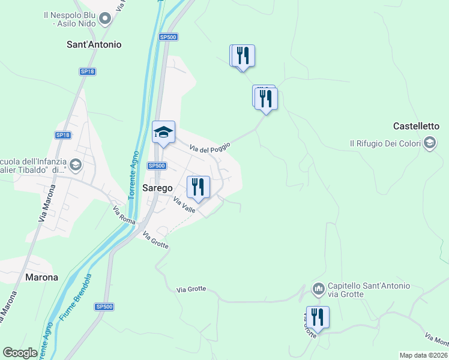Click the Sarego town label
(157, 188)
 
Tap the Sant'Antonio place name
(94, 44)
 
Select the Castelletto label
(417, 126)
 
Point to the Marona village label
(42, 277)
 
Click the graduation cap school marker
(163, 133)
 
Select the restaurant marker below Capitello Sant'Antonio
(317, 317)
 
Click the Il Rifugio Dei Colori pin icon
(429, 143)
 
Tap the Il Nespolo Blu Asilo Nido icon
(106, 19)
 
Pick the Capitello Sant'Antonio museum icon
(318, 290)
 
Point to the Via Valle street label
(184, 205)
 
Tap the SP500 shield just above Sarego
(157, 166)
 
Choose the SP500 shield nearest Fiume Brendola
(104, 307)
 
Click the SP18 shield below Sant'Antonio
(88, 71)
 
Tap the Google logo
(20, 353)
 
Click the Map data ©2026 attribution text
(423, 355)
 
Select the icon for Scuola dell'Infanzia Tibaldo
(76, 164)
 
